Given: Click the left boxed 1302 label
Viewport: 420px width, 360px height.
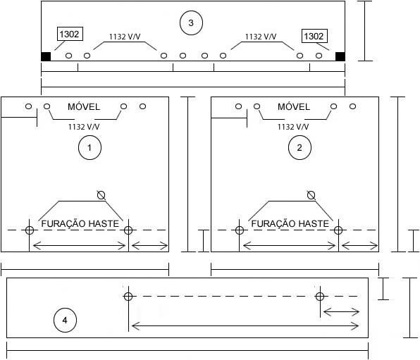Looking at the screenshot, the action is click(x=70, y=34).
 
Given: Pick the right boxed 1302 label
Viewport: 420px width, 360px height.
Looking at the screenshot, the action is click(x=314, y=36).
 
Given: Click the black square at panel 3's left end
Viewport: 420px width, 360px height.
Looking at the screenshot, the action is click(x=46, y=56).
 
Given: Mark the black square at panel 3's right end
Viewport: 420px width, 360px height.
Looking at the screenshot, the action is click(x=340, y=56).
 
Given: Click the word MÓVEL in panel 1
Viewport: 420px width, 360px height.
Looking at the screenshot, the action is click(x=84, y=106).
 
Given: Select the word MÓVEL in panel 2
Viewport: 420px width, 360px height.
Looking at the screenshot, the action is click(x=294, y=106).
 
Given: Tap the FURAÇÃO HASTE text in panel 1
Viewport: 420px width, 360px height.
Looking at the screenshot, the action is click(x=80, y=223).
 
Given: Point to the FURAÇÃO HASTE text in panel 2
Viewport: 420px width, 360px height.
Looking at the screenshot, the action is click(x=290, y=223).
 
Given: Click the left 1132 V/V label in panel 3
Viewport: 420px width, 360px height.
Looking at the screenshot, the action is click(x=125, y=37).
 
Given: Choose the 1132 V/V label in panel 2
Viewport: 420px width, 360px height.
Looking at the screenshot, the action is click(x=293, y=126).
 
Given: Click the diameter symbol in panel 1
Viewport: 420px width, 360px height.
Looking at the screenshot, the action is click(x=101, y=195).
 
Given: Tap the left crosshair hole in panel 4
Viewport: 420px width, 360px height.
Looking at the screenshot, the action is click(x=128, y=297).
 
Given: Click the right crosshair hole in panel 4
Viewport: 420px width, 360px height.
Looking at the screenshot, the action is click(x=320, y=297).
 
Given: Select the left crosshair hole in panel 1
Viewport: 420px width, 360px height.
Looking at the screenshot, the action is click(x=30, y=230).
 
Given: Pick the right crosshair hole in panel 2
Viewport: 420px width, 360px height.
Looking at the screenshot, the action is click(x=338, y=230).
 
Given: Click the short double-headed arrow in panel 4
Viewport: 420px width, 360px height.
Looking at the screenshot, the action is click(x=341, y=312).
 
